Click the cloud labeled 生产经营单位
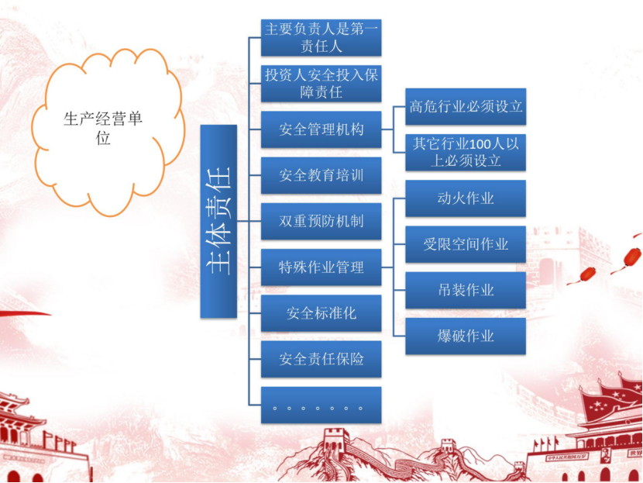tap(108, 132)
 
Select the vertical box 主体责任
tap(218, 221)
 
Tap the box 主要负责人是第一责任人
tap(321, 37)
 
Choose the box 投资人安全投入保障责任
tap(321, 83)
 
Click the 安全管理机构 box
tap(321, 129)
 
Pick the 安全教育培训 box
tap(321, 175)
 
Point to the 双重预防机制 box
tap(321, 221)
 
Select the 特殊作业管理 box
tap(321, 267)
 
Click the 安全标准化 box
tap(321, 313)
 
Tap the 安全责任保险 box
tap(321, 359)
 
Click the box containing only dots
tap(321, 405)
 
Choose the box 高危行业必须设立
tap(466, 106)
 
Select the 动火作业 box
tap(466, 198)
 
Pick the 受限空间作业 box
tap(466, 244)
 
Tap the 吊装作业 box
tap(466, 290)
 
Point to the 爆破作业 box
tap(466, 336)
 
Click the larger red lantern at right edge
tap(632, 257)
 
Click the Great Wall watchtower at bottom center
tap(336, 439)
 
